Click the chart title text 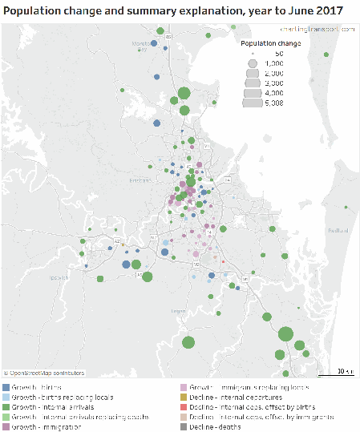[172, 10]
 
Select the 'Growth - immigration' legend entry [47, 427]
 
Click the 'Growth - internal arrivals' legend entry [53, 406]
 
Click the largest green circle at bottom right [285, 334]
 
